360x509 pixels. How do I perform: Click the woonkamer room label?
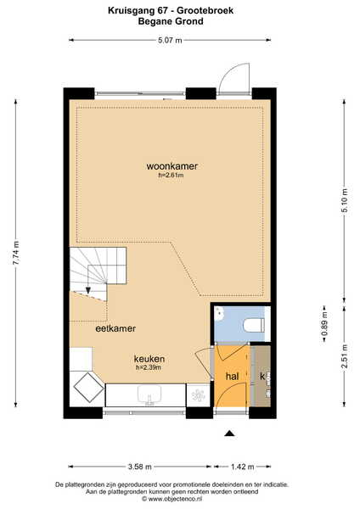(x=172, y=166)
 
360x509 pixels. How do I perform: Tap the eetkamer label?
(x=115, y=328)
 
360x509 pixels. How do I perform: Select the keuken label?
(x=149, y=359)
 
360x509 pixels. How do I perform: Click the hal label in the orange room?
(x=232, y=377)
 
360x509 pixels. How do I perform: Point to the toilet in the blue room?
(x=255, y=325)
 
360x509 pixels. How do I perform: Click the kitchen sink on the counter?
(x=149, y=394)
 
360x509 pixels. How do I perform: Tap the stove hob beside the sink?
(x=198, y=395)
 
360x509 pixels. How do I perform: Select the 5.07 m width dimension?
(x=170, y=40)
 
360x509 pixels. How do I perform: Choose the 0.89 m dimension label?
(x=324, y=324)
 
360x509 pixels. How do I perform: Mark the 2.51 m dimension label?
(x=345, y=356)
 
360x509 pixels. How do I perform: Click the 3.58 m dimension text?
(x=140, y=467)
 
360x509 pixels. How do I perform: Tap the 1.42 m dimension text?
(x=242, y=467)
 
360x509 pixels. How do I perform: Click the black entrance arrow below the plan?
(x=230, y=433)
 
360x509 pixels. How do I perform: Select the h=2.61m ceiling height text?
(x=171, y=176)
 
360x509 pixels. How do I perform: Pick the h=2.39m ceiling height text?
(x=149, y=367)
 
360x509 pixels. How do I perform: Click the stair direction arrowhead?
(x=88, y=290)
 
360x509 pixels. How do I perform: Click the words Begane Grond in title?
(x=171, y=21)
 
